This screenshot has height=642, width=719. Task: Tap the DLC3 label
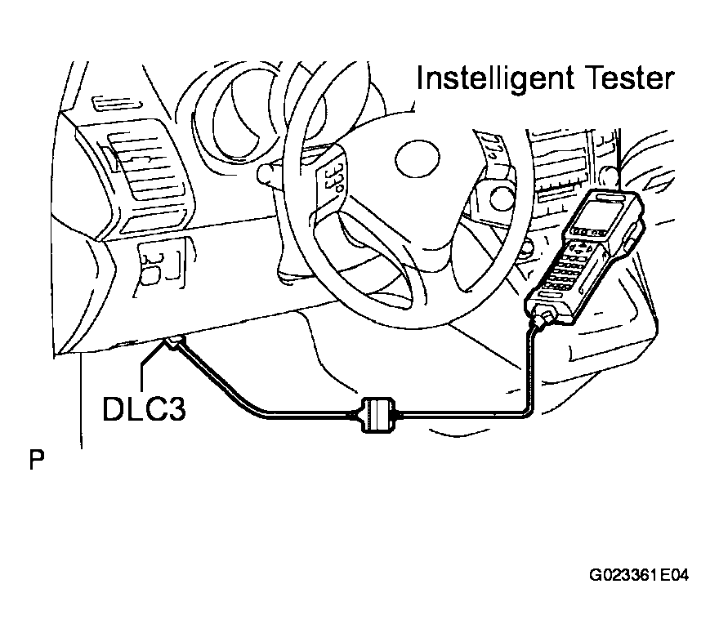click(144, 408)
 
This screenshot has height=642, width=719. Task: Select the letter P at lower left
click(37, 460)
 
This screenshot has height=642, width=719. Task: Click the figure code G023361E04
click(639, 575)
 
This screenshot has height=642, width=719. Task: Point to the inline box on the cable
click(377, 415)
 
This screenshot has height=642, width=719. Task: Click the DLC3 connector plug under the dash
click(175, 342)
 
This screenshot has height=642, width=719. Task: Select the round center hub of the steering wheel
click(418, 159)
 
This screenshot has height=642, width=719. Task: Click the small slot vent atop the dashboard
click(117, 104)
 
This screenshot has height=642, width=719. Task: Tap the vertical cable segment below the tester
click(531, 367)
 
